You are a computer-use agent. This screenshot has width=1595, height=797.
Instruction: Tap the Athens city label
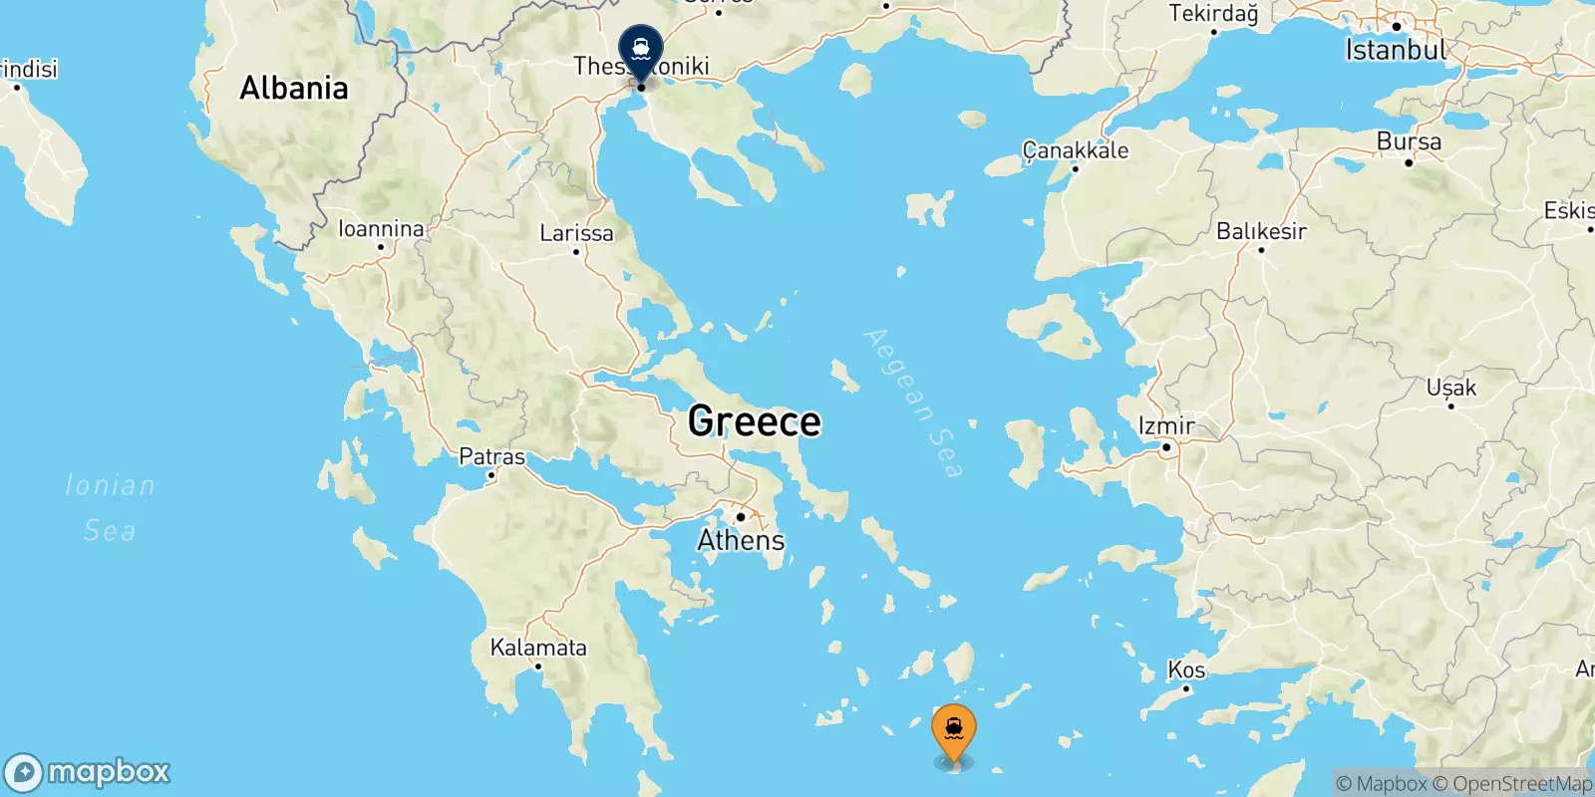(741, 540)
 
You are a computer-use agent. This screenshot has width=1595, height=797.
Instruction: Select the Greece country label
(755, 421)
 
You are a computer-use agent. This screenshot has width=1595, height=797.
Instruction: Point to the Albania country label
(294, 88)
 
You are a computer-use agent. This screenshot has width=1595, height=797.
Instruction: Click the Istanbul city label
(1395, 50)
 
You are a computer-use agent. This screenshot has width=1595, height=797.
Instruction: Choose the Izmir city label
(1166, 426)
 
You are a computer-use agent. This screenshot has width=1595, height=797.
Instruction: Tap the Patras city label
(491, 457)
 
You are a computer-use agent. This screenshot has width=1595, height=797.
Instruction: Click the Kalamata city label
(538, 648)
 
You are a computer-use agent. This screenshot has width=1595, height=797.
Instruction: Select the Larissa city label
(576, 233)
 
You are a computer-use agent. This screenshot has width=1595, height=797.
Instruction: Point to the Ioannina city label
(381, 229)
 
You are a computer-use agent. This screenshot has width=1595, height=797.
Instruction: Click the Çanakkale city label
(1076, 150)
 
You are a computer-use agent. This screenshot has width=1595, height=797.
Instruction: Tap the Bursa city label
(1409, 141)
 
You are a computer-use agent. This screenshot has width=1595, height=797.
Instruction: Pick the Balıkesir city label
(1261, 231)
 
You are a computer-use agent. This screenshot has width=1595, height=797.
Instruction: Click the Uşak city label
(1450, 388)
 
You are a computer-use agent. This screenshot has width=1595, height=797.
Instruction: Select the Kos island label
(1186, 669)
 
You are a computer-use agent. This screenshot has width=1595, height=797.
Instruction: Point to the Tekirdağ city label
(1213, 14)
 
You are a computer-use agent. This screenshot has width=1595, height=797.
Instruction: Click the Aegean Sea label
(914, 402)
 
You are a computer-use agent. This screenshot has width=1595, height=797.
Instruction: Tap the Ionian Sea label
(110, 507)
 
